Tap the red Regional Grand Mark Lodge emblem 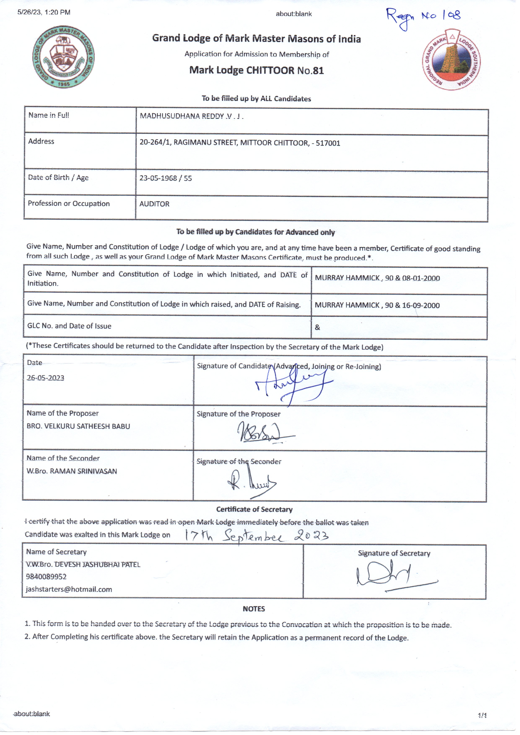click(451, 60)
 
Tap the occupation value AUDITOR click(154, 204)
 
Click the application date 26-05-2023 click(45, 378)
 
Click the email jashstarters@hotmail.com click(69, 589)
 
